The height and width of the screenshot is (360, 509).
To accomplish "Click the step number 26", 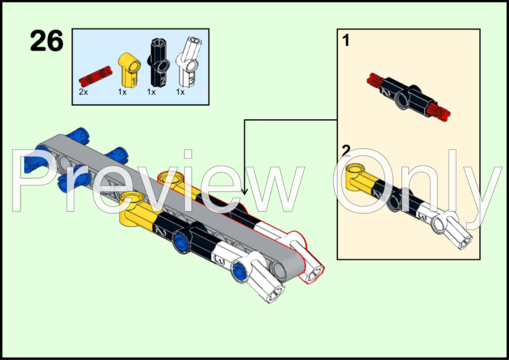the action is tap(47, 41).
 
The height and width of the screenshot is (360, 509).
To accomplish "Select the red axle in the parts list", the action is tap(96, 77).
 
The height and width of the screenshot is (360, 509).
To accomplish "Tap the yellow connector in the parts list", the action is tap(129, 69).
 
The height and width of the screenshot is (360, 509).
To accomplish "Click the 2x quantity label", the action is tap(83, 92).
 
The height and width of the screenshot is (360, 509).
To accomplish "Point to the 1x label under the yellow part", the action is tap(122, 92).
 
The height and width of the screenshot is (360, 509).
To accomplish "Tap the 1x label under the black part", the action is tap(151, 92).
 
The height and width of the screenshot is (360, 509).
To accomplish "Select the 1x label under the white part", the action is tap(180, 92).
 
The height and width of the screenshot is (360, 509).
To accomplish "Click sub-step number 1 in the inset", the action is tap(346, 40).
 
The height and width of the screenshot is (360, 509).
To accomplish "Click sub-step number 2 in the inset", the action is tap(346, 151).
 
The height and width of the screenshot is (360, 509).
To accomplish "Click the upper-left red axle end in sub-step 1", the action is tap(376, 80).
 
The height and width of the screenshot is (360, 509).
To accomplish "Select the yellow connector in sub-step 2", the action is tap(360, 177).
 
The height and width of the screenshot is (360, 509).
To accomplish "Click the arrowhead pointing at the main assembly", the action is tap(244, 192).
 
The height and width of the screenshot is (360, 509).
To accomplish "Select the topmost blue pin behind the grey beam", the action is tap(77, 135).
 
